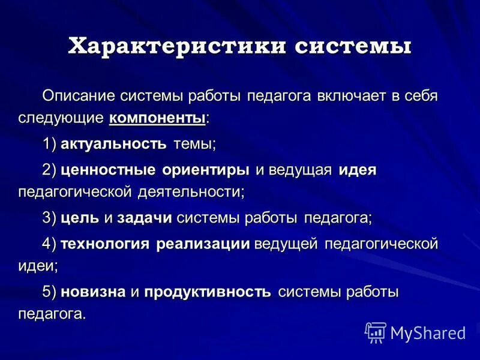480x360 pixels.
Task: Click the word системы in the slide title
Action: click(x=352, y=46)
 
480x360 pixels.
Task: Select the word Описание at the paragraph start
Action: click(x=80, y=96)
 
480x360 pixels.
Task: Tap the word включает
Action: click(x=352, y=96)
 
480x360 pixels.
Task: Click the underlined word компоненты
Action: click(x=157, y=118)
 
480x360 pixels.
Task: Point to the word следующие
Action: click(x=61, y=118)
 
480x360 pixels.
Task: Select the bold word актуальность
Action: click(x=113, y=144)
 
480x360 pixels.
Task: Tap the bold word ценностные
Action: click(x=108, y=170)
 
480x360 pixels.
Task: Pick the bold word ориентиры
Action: click(x=205, y=170)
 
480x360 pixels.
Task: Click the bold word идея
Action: click(x=357, y=170)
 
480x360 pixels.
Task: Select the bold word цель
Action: click(x=80, y=218)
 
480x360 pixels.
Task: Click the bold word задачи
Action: click(x=145, y=218)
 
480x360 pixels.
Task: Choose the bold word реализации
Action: click(x=203, y=244)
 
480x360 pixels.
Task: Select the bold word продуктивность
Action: click(x=206, y=292)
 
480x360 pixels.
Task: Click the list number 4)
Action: click(x=49, y=244)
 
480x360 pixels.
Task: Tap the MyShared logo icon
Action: click(x=376, y=332)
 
